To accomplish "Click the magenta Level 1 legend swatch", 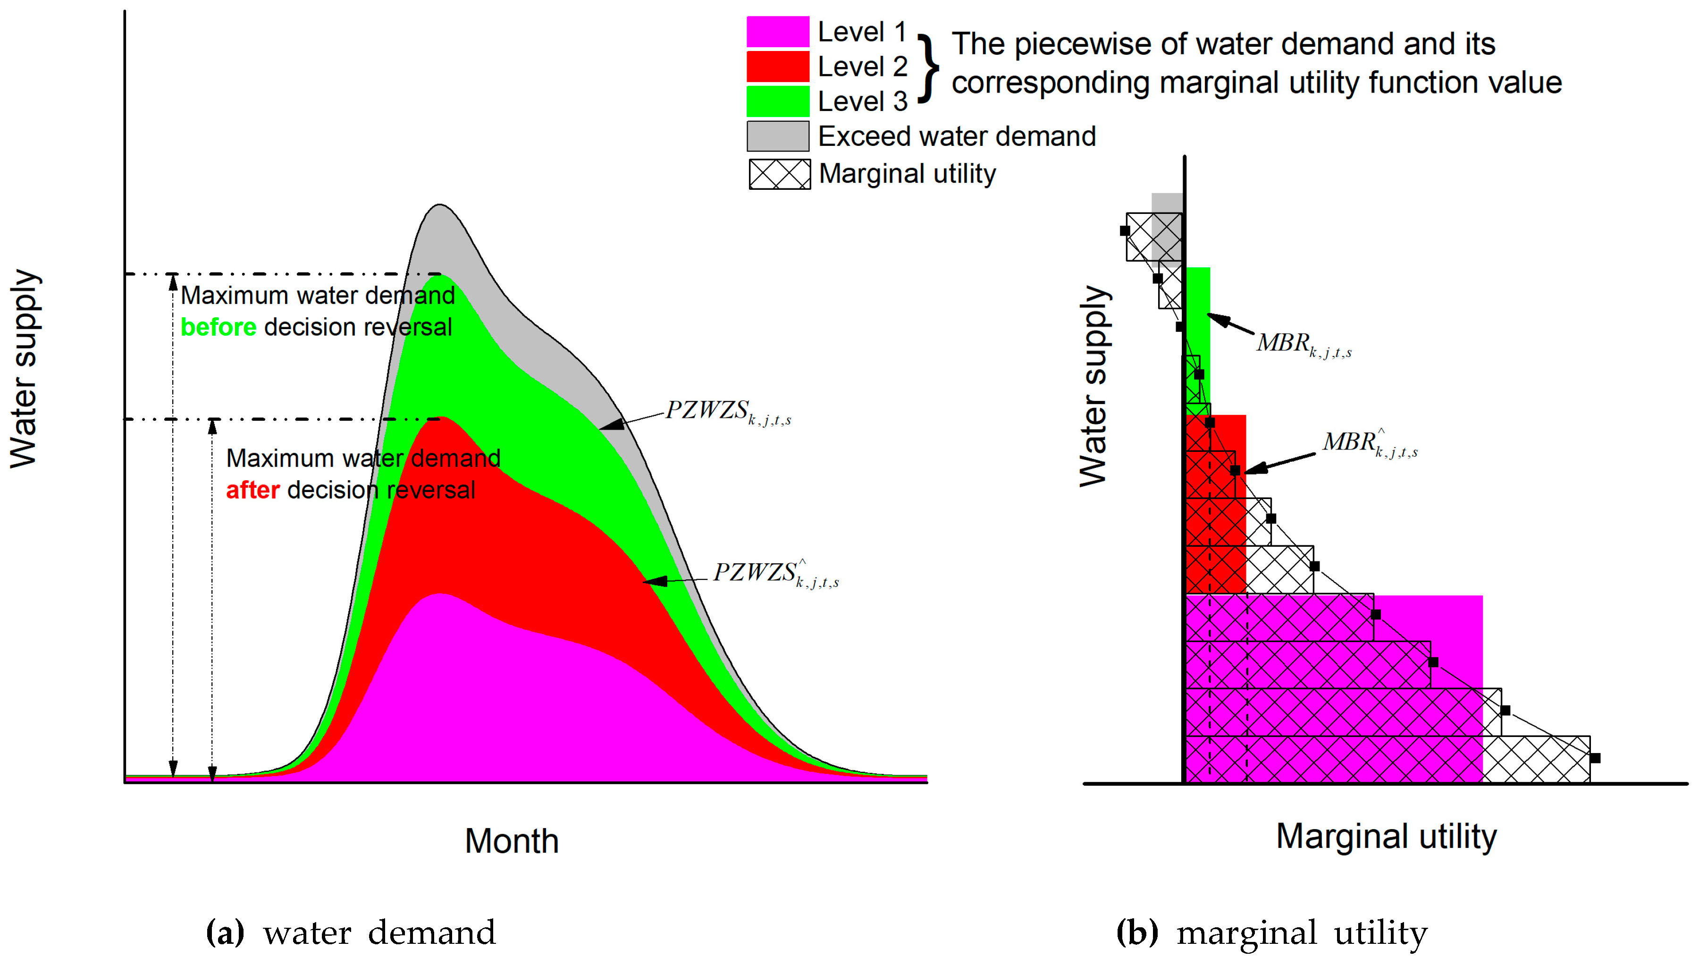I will coord(777,31).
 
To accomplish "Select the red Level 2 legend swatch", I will coord(777,67).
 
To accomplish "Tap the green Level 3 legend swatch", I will coord(777,102).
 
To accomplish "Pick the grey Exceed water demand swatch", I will coord(777,136).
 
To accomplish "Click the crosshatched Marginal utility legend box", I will coord(779,174).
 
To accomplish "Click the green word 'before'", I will coord(218,327).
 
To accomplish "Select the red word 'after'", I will coord(252,490).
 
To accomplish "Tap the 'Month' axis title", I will coord(511,841).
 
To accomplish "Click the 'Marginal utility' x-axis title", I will coord(1386,836).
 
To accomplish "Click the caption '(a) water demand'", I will coord(351,933).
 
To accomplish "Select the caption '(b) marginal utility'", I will coord(1271,933).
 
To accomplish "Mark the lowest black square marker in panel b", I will coord(1595,758).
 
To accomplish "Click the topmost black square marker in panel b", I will coord(1125,231).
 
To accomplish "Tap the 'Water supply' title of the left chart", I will coord(24,368).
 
